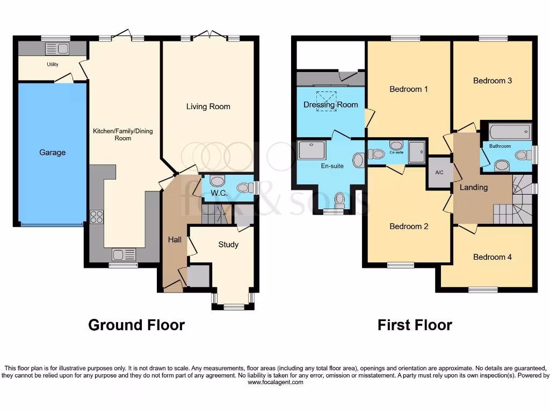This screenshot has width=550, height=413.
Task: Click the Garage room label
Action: point(52,152)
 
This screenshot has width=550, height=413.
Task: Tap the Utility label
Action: point(52,65)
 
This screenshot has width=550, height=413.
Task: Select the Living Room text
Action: point(208,106)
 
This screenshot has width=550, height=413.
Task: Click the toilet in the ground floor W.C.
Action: point(244,188)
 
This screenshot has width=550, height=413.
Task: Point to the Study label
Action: point(228,245)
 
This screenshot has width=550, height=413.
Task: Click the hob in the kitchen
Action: point(96,216)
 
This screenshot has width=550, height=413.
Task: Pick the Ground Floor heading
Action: point(136,325)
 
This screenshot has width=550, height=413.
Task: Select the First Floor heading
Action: point(415,325)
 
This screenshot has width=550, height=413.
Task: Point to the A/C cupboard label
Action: point(439,173)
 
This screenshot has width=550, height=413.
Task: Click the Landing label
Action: point(473,187)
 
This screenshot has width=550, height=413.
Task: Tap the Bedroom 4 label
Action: point(492,257)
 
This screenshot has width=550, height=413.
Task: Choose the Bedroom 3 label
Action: point(492,81)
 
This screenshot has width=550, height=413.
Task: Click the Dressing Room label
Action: point(330,105)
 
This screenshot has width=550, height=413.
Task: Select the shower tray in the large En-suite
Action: point(312,150)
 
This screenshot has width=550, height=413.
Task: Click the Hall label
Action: point(174,240)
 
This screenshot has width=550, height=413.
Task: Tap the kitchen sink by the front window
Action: point(124,254)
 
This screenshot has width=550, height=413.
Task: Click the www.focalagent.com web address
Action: point(275,382)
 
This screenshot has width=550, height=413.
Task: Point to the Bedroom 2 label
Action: point(409,226)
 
